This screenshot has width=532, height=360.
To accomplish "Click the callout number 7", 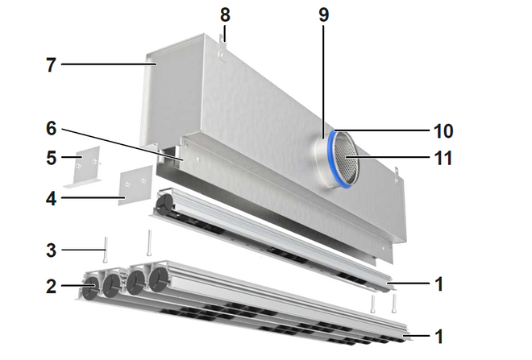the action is pos(51,64).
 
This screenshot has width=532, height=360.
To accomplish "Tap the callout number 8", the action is pos(225,15).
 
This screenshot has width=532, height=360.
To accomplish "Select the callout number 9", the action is pos(324,15).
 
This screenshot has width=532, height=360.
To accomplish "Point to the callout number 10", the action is pos(443,130).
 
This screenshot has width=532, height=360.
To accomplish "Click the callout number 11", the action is pos(443,158).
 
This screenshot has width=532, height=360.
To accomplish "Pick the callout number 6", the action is pos(52,129).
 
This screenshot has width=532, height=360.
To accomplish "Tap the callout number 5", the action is pos(52,158).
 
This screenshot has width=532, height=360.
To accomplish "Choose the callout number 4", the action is pos(52,198).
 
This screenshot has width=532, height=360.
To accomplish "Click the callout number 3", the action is pos(52,250).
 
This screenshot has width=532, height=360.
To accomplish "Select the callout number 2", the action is pos(52,287).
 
